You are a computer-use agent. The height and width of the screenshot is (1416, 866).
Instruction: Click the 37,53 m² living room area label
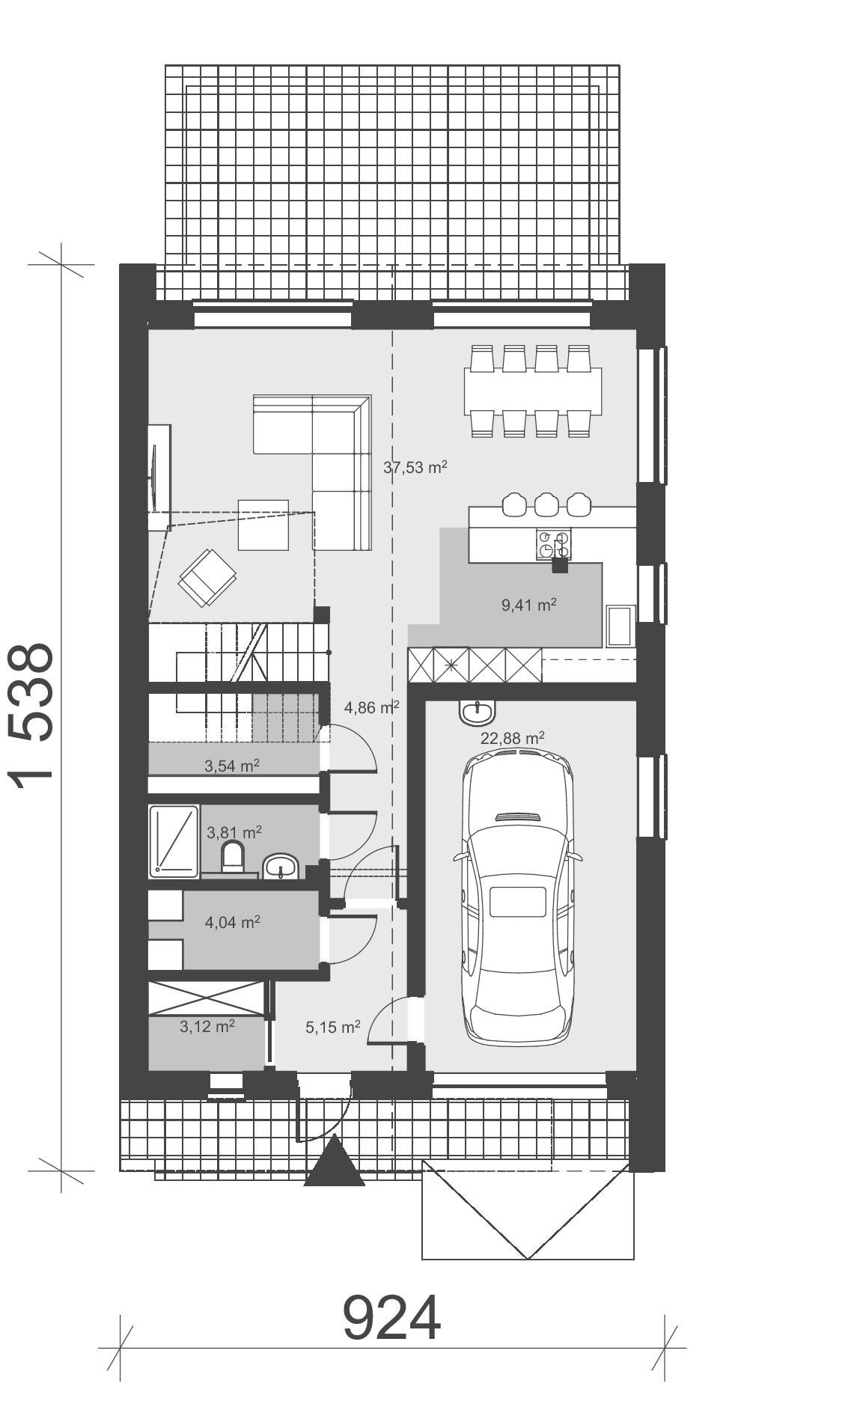pyautogui.click(x=415, y=468)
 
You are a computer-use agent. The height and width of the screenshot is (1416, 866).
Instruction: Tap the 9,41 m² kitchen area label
pyautogui.click(x=528, y=605)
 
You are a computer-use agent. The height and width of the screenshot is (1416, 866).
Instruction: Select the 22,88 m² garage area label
pyautogui.click(x=512, y=739)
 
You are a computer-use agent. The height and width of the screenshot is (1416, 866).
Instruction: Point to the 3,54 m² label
pyautogui.click(x=232, y=766)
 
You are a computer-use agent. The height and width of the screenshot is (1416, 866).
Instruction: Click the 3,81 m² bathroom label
pyautogui.click(x=234, y=831)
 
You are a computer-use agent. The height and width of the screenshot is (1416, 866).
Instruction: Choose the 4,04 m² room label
pyautogui.click(x=232, y=922)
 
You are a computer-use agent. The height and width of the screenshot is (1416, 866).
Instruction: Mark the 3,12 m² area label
pyautogui.click(x=207, y=1026)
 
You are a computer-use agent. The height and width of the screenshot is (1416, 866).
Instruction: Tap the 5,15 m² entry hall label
pyautogui.click(x=332, y=1027)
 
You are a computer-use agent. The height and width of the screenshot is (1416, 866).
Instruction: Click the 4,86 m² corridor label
pyautogui.click(x=371, y=707)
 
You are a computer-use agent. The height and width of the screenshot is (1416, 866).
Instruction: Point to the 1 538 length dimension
pyautogui.click(x=33, y=711)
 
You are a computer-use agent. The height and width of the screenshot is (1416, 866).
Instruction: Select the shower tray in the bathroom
pyautogui.click(x=174, y=840)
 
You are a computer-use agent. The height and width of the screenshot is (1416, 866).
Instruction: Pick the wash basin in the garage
pyautogui.click(x=476, y=712)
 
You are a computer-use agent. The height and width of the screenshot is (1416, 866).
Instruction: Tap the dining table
pyautogui.click(x=533, y=390)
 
